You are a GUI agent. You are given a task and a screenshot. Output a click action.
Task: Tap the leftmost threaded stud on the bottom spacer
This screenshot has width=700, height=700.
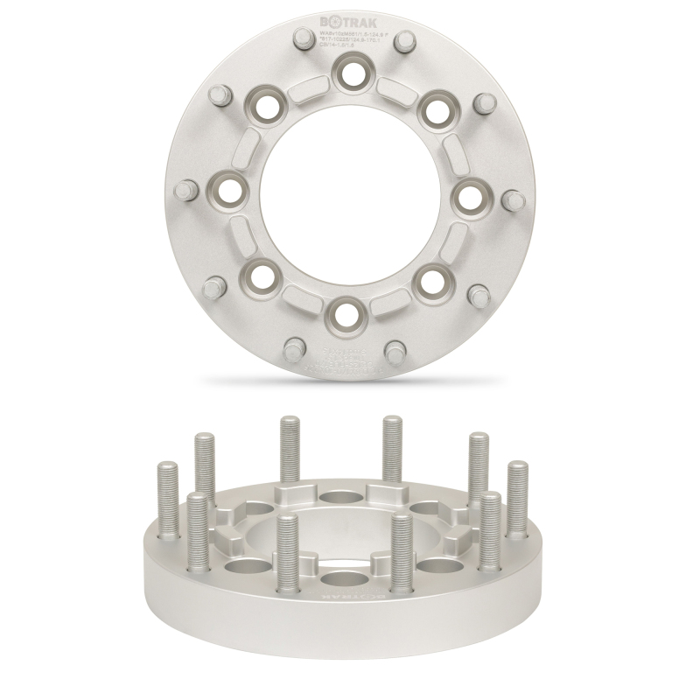(x=166, y=499)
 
